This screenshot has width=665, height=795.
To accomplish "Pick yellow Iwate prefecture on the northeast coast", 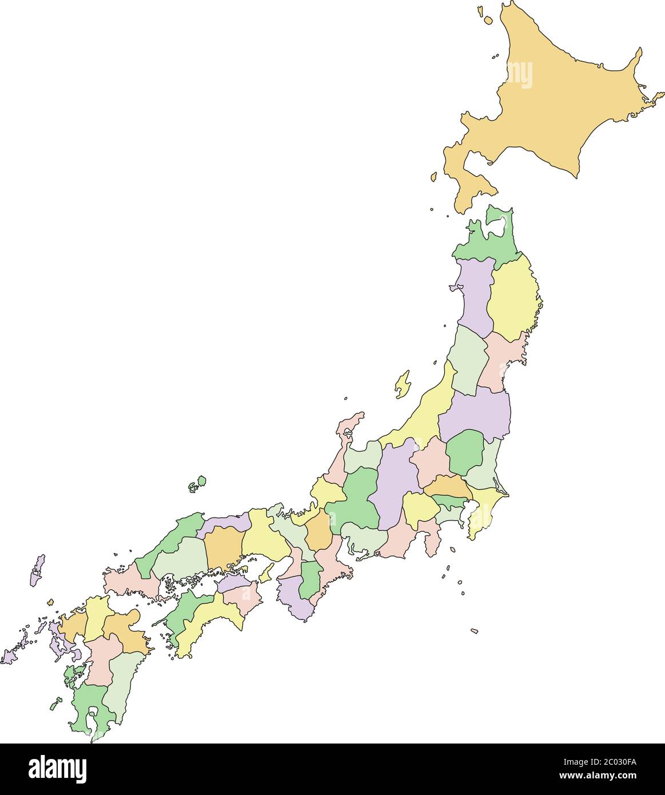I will point(512,297).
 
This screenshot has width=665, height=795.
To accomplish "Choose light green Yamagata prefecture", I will point(468,360).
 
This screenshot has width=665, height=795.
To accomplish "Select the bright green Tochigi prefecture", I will point(464,452).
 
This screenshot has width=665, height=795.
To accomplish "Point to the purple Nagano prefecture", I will point(396,480).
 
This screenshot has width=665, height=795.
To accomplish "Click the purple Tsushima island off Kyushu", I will point(37,570).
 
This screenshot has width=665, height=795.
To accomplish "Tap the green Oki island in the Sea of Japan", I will point(197,484).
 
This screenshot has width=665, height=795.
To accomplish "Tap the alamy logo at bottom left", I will point(57,769).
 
